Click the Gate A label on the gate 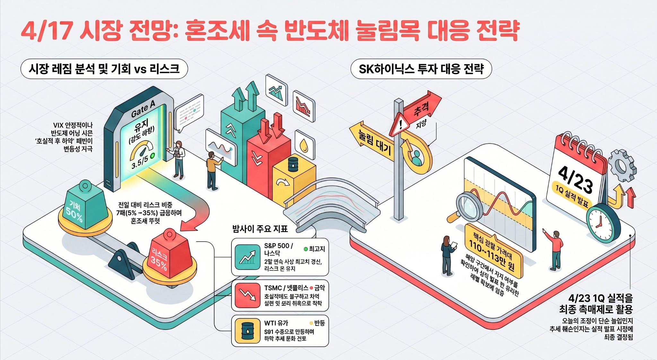point(143,108)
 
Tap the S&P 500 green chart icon point(247,257)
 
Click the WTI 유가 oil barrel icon point(247,330)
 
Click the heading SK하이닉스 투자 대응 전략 point(421,69)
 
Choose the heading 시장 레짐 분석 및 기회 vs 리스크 point(104,69)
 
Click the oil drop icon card point(304,145)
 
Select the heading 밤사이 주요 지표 point(260,229)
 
